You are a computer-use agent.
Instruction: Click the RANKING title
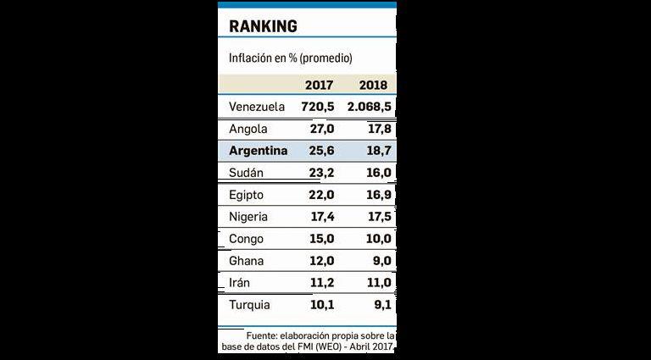point(263,25)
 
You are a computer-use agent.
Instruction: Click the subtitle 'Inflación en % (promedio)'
point(291,58)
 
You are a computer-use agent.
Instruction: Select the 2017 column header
point(319,86)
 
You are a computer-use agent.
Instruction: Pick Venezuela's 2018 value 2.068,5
point(369,107)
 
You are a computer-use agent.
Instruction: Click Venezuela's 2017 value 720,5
point(317,107)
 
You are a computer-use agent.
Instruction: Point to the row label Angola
point(249,129)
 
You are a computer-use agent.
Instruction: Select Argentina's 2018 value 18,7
point(375,151)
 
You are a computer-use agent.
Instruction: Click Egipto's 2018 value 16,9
point(375,195)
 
